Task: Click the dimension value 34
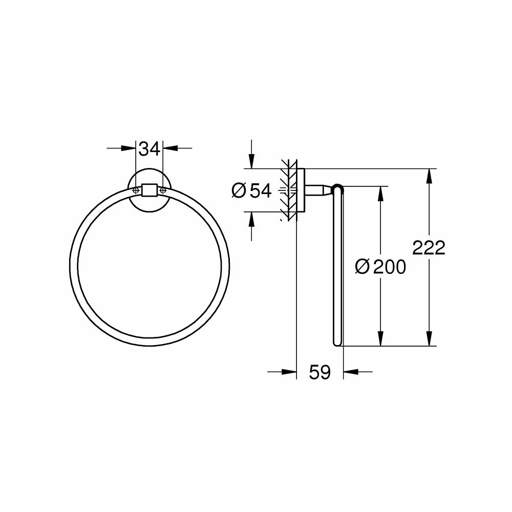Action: (x=150, y=149)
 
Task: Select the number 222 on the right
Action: (x=429, y=248)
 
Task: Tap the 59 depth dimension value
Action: (x=320, y=372)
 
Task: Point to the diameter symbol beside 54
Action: (x=239, y=190)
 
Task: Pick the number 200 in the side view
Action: (x=389, y=267)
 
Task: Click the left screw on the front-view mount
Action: (x=136, y=190)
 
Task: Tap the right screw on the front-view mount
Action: (x=163, y=190)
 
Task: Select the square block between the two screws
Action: (x=150, y=190)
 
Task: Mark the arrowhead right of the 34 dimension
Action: (x=170, y=148)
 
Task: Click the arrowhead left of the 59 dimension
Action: (x=290, y=372)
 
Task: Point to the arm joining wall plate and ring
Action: (x=318, y=190)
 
